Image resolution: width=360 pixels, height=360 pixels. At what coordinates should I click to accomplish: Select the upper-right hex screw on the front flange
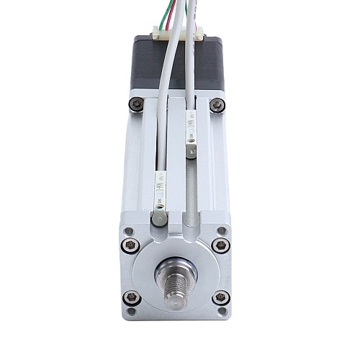(222, 245)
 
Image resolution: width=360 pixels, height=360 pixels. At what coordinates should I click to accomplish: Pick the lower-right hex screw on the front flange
(221, 297)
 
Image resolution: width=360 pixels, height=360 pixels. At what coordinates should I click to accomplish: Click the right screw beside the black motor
(217, 105)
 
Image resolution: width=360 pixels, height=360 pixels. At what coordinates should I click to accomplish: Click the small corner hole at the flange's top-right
(222, 231)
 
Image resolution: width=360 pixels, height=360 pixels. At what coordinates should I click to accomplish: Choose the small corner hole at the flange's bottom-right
(222, 312)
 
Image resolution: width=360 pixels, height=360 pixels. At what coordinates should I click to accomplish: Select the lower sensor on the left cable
(160, 192)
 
